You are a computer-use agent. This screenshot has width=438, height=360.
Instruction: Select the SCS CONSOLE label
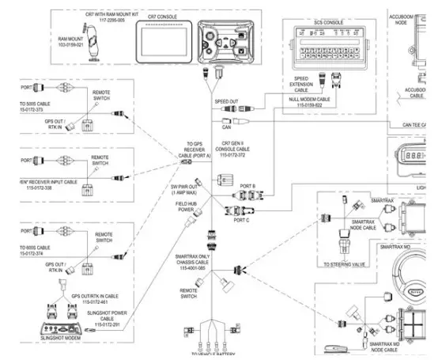point(328,22)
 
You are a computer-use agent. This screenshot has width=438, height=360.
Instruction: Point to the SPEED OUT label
point(226,102)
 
